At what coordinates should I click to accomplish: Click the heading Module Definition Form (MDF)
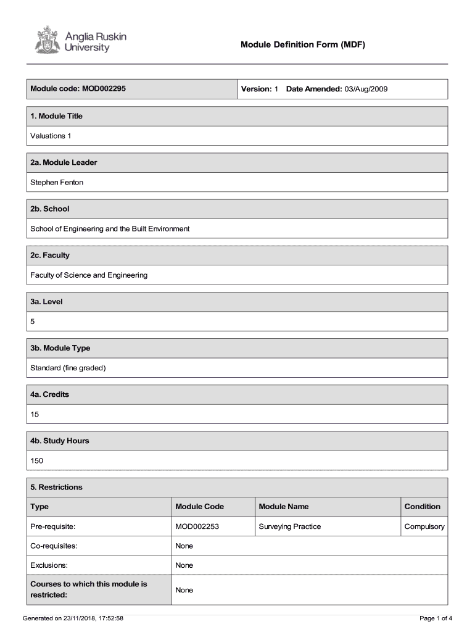[x=303, y=44]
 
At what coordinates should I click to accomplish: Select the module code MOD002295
[x=103, y=89]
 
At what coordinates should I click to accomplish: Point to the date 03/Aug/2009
[x=366, y=89]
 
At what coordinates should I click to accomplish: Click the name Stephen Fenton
[x=57, y=182]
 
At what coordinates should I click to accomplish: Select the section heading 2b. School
[x=50, y=209]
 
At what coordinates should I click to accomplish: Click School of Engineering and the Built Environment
[x=110, y=229]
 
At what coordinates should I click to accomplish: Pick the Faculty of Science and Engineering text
[x=89, y=275]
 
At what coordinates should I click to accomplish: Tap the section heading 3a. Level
[x=47, y=302]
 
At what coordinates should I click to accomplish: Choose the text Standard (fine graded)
[x=68, y=368]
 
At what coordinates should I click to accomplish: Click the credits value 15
[x=35, y=415]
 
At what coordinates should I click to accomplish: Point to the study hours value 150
[x=37, y=461]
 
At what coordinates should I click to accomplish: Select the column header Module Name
[x=284, y=507]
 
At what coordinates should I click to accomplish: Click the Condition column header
[x=422, y=507]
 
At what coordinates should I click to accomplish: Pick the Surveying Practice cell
[x=290, y=526]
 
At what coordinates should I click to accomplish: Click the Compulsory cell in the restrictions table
[x=424, y=526]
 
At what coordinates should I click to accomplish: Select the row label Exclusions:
[x=50, y=565]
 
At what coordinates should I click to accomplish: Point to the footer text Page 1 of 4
[x=436, y=618]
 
